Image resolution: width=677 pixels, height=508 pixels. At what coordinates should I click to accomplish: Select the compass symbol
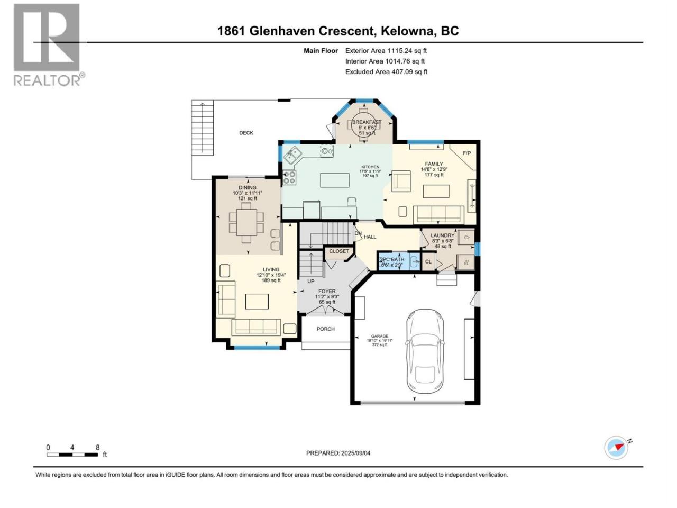(616, 448)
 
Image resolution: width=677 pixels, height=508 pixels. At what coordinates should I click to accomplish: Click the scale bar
(72, 454)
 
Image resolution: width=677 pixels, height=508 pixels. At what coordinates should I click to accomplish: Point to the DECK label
(246, 133)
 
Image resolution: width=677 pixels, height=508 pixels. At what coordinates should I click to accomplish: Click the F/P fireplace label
(466, 153)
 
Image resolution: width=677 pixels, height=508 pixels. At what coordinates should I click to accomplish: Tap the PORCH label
(326, 329)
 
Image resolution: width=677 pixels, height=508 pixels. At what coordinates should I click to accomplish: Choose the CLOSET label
(339, 251)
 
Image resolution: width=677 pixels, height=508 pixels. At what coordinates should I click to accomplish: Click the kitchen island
(335, 180)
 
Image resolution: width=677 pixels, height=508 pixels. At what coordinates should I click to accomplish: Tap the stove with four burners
(290, 177)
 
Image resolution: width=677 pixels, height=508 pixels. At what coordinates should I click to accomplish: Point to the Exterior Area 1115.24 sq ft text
(386, 51)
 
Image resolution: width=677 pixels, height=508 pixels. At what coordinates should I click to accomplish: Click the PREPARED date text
(342, 453)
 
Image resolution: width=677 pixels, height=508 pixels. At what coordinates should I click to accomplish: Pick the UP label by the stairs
(311, 281)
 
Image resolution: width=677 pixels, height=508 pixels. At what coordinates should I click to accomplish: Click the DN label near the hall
(358, 233)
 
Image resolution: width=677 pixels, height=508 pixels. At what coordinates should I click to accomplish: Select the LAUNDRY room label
(443, 235)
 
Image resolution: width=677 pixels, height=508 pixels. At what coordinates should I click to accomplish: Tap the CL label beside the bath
(428, 261)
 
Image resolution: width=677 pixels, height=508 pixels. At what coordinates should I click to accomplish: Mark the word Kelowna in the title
(408, 31)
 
